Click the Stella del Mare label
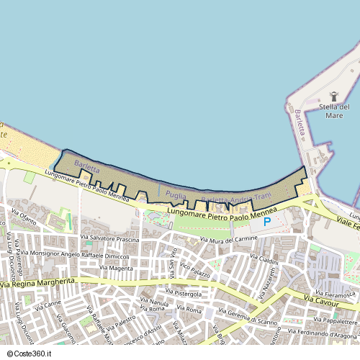tap(334, 111)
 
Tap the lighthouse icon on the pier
tap(333, 96)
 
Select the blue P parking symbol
tap(266, 222)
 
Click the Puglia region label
tap(176, 194)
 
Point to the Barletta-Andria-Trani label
tap(236, 198)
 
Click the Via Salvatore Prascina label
tap(109, 238)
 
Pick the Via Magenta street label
tap(117, 268)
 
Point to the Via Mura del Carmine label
tap(229, 240)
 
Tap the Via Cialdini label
tap(264, 259)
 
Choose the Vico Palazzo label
tap(195, 271)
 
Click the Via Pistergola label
tap(184, 293)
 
